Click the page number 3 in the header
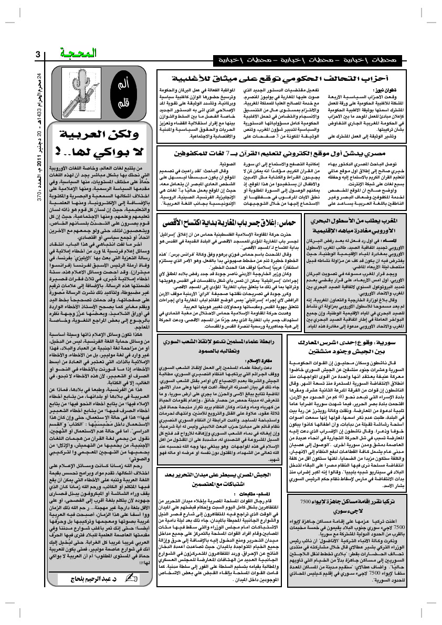[x=37, y=55]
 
